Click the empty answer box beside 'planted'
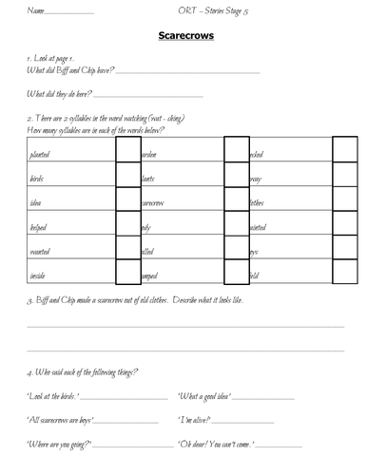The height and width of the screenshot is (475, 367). click(x=127, y=151)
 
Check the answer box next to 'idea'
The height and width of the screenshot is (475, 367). click(x=127, y=203)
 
